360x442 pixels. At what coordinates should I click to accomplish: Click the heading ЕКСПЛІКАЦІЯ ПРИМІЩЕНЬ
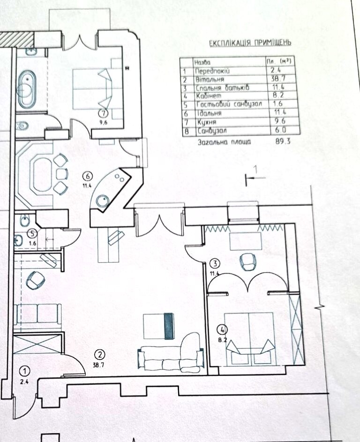coord(250,43)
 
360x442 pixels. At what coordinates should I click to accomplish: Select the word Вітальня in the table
coord(210,79)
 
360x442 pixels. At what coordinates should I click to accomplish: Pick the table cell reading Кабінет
coord(209,96)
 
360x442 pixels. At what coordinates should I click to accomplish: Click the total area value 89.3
coord(283,141)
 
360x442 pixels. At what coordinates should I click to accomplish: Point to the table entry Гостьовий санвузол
coord(229,104)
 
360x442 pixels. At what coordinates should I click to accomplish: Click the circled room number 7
coord(104,114)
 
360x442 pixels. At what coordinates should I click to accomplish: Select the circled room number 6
coord(88,177)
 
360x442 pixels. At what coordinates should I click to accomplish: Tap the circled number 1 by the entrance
coord(25,371)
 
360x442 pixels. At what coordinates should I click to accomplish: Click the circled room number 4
coord(222,329)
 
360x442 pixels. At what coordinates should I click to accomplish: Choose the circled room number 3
coord(215,264)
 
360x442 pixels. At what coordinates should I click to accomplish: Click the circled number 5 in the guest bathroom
coord(33,234)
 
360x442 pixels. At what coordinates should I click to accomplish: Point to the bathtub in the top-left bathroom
coord(27,89)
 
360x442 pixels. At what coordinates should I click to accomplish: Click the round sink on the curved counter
coord(102,201)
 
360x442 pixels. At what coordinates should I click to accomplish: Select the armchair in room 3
coord(247,262)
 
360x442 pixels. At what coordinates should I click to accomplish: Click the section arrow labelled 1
coord(255,178)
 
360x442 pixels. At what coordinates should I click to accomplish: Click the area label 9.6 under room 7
coord(104,122)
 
